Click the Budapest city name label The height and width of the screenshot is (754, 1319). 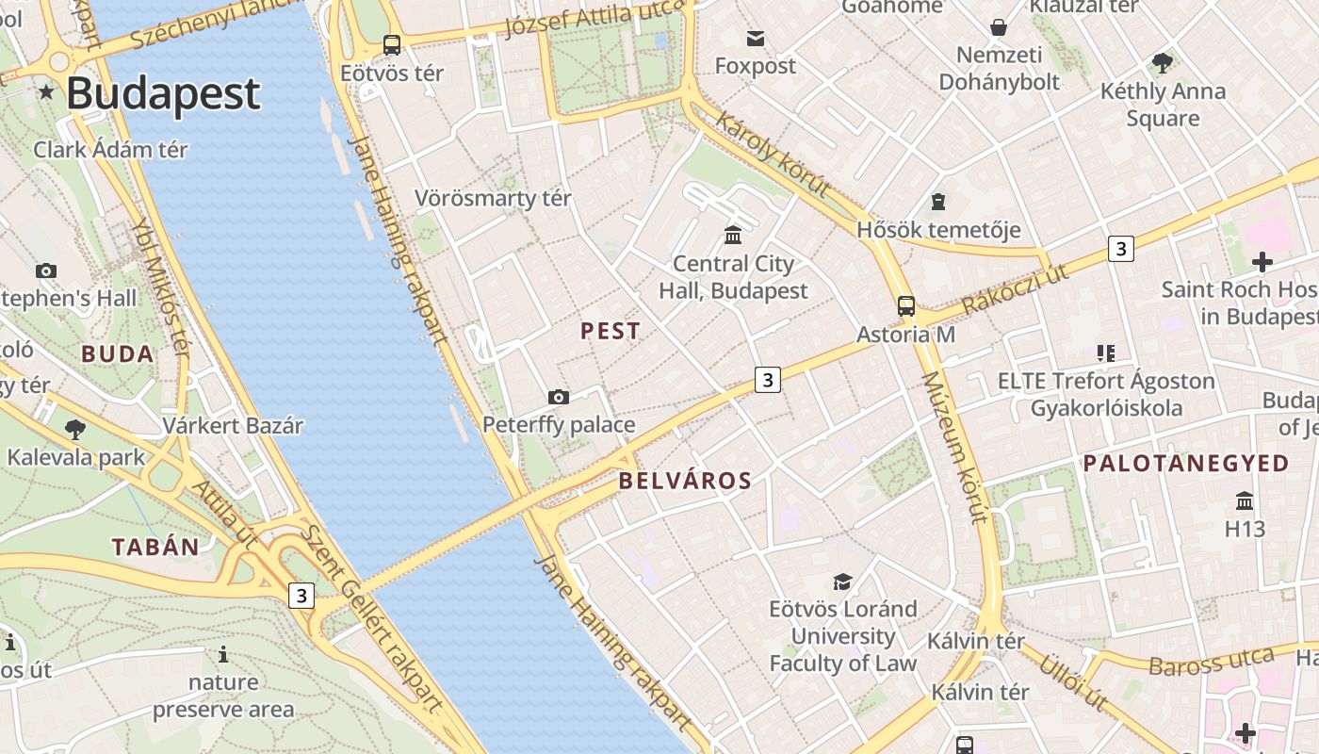click(162, 93)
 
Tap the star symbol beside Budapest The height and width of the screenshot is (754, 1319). click(46, 92)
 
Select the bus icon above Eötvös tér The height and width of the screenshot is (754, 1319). click(392, 44)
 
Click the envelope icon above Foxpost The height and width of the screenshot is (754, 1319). click(756, 39)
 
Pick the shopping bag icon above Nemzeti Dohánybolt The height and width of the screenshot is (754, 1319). click(998, 27)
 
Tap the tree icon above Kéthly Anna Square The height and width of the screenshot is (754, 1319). click(1163, 63)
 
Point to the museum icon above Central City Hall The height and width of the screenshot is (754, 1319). click(733, 235)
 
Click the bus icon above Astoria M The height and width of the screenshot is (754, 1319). click(905, 306)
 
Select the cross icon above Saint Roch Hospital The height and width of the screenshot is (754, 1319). click(1262, 261)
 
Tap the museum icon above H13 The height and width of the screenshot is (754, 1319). click(1245, 500)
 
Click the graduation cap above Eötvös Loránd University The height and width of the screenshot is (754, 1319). click(842, 582)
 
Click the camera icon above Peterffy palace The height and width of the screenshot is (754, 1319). click(559, 397)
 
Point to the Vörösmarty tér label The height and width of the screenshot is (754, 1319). click(493, 199)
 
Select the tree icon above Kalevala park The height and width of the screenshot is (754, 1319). click(75, 430)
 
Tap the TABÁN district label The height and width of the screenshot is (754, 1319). click(155, 547)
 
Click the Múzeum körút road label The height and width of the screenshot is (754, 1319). click(953, 447)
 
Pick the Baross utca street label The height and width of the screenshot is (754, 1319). click(1211, 661)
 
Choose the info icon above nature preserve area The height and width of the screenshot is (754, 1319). click(223, 654)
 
